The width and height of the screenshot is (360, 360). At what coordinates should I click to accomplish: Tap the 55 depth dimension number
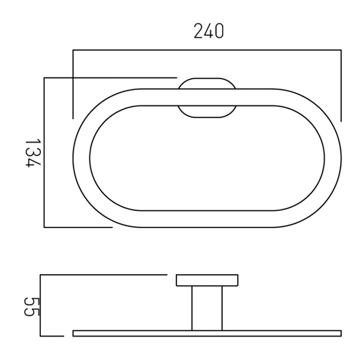coord(31,306)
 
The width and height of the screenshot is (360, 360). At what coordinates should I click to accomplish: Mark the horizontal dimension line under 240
coord(207,50)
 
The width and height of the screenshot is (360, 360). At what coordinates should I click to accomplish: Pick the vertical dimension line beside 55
coord(41,306)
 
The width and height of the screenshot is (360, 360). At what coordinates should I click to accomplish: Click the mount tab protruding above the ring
coord(207,83)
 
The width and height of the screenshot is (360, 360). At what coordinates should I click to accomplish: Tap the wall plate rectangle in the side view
coord(207,280)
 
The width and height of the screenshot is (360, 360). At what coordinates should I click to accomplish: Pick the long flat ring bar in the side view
coord(207,333)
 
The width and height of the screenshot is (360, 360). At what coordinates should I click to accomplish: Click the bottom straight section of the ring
coord(207,219)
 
